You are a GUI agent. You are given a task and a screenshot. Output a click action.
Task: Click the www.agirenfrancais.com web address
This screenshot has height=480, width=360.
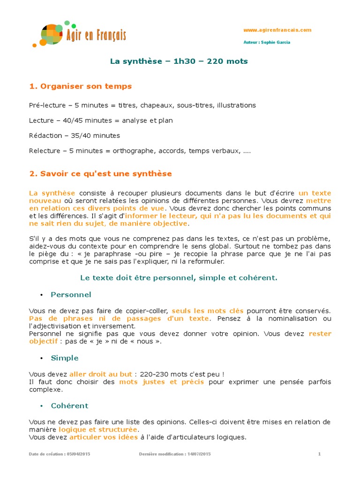coord(277,30)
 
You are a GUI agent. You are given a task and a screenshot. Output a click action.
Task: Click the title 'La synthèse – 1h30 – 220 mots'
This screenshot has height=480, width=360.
coord(179,61)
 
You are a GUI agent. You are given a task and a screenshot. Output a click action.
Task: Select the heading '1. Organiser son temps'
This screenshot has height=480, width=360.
coord(81,86)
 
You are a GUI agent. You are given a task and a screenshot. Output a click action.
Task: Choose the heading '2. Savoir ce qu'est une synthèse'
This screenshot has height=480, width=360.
coord(100,174)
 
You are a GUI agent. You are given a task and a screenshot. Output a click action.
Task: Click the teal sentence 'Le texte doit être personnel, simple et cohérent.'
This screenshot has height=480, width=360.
coord(179,278)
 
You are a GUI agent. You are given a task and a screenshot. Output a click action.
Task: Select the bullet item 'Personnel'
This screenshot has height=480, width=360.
coord(71,295)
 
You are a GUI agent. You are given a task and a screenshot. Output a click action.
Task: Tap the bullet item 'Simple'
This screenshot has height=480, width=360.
coord(65,358)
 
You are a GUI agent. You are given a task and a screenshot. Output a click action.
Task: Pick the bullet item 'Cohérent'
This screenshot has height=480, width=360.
coord(69,405)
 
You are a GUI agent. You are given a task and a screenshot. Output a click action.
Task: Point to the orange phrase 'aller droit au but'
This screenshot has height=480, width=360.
coord(101,375)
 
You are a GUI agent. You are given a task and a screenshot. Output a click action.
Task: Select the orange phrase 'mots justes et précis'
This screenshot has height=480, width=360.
coord(161,382)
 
